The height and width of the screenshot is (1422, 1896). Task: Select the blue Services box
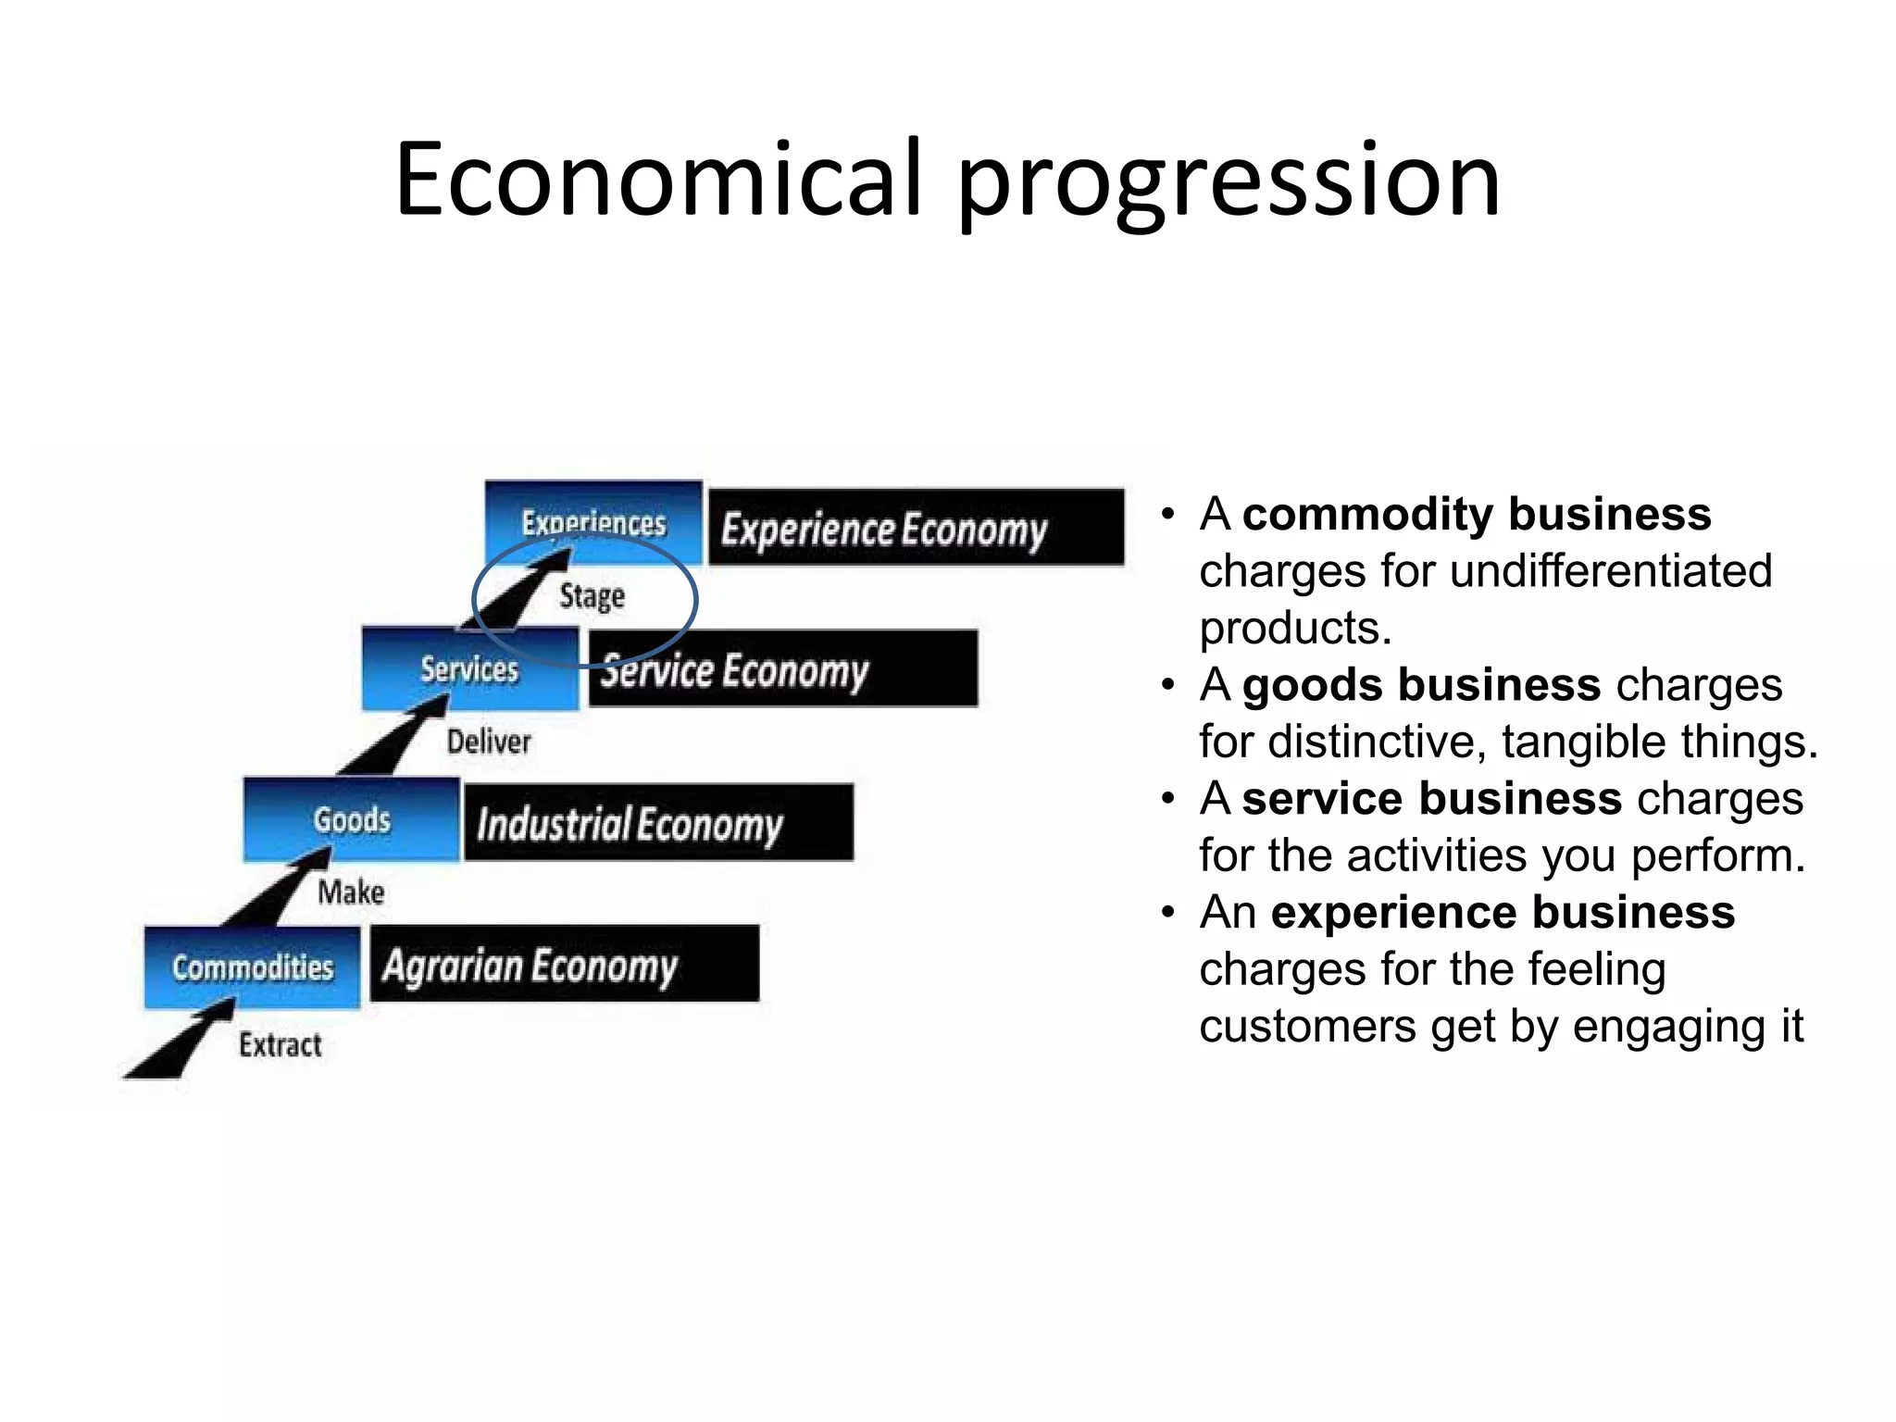(x=469, y=669)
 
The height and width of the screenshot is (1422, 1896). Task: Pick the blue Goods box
(x=352, y=819)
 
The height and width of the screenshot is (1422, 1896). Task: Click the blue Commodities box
(x=252, y=967)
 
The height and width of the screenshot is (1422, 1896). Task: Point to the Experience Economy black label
(x=916, y=528)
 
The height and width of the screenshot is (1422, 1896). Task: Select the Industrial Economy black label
(x=658, y=823)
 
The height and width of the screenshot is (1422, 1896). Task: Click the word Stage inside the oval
(x=592, y=595)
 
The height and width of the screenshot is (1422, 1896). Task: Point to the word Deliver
(x=489, y=742)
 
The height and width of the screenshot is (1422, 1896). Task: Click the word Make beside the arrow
(x=351, y=892)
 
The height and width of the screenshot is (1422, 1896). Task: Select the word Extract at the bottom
(x=280, y=1045)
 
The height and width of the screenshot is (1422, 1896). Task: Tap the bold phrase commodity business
(x=1477, y=514)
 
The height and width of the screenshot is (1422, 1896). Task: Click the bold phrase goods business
(x=1421, y=685)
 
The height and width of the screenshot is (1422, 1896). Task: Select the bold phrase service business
(x=1431, y=799)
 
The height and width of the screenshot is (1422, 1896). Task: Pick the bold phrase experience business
(x=1503, y=913)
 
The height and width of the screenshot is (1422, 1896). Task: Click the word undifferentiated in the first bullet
(x=1611, y=571)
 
